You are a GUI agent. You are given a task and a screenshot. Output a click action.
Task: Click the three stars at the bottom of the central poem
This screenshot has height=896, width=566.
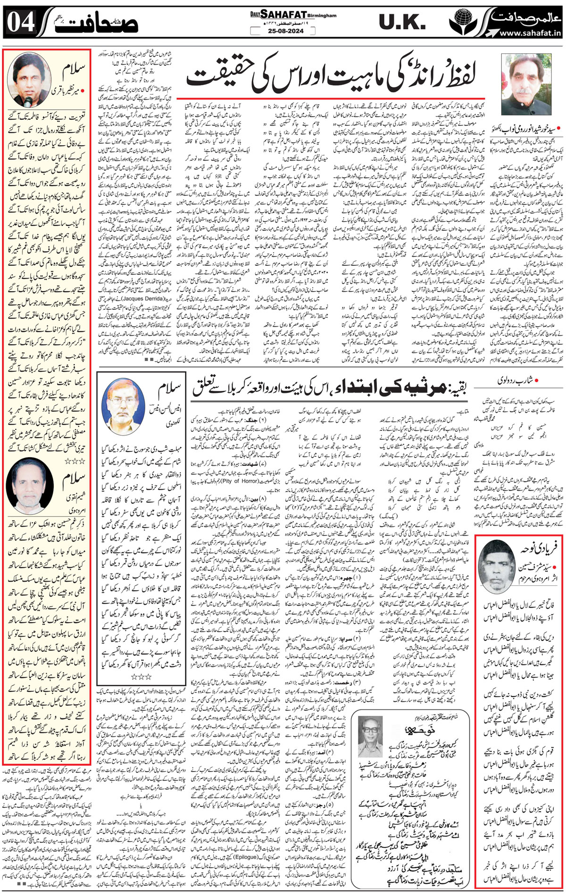click(x=142, y=676)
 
